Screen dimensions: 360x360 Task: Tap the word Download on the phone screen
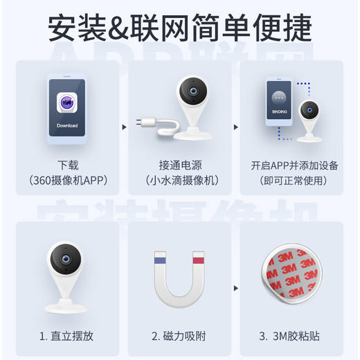pos(67,126)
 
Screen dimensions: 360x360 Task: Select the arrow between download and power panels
pos(123,127)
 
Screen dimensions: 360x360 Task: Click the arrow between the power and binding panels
pos(235,127)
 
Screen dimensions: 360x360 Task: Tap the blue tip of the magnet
pos(159,260)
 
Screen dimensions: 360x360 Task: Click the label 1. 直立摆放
pos(66,336)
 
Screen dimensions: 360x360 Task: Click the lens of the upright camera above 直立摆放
pos(66,259)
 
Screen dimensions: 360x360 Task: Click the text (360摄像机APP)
pos(68,181)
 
